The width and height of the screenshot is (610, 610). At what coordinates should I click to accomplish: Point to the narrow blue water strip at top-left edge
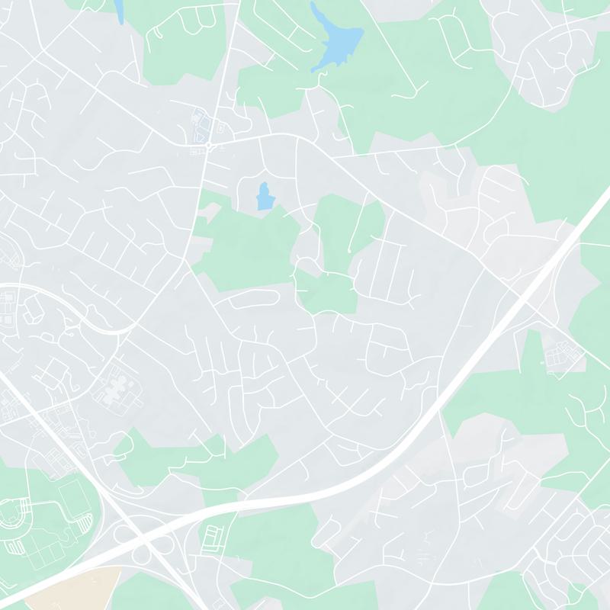(119, 9)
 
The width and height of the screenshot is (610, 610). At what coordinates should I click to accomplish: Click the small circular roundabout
(208, 144)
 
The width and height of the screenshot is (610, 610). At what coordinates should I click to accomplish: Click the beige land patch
(76, 588)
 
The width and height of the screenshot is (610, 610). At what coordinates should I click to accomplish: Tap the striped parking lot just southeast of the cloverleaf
(213, 537)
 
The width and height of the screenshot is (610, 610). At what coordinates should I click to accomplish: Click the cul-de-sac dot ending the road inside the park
(348, 250)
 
